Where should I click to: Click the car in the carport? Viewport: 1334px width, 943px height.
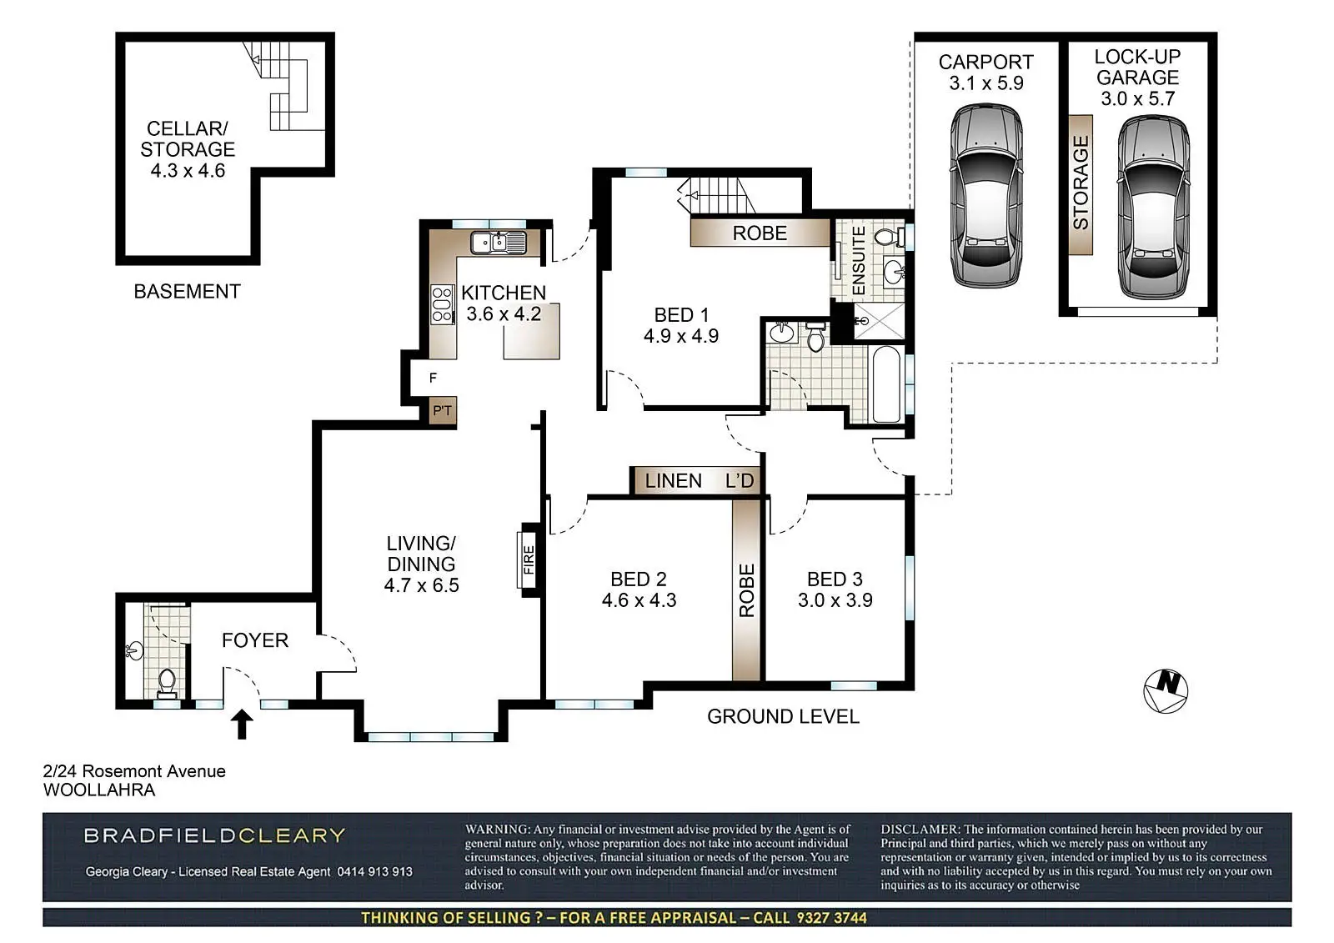(986, 196)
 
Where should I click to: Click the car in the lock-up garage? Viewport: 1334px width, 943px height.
(1154, 207)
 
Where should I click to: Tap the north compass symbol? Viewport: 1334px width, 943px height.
(1166, 691)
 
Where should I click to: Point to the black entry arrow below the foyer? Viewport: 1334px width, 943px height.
(242, 724)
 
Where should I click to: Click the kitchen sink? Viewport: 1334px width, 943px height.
(499, 243)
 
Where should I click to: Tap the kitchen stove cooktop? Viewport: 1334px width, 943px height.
(442, 304)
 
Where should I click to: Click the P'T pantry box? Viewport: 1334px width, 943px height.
(443, 410)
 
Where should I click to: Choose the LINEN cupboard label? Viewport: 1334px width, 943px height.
(674, 481)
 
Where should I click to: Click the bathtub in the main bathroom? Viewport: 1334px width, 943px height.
(887, 385)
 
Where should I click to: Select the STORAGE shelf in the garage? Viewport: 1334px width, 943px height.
(1081, 184)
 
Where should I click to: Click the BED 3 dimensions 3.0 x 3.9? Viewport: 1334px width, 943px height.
(835, 599)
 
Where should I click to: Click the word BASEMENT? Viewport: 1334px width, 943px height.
(187, 291)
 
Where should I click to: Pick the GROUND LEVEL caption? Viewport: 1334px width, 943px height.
(783, 716)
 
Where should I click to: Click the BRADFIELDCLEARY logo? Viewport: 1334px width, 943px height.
(214, 835)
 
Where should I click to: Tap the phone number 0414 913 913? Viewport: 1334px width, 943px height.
(374, 871)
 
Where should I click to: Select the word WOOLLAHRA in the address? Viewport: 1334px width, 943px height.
(99, 790)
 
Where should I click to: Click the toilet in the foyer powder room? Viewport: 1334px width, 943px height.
(167, 683)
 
